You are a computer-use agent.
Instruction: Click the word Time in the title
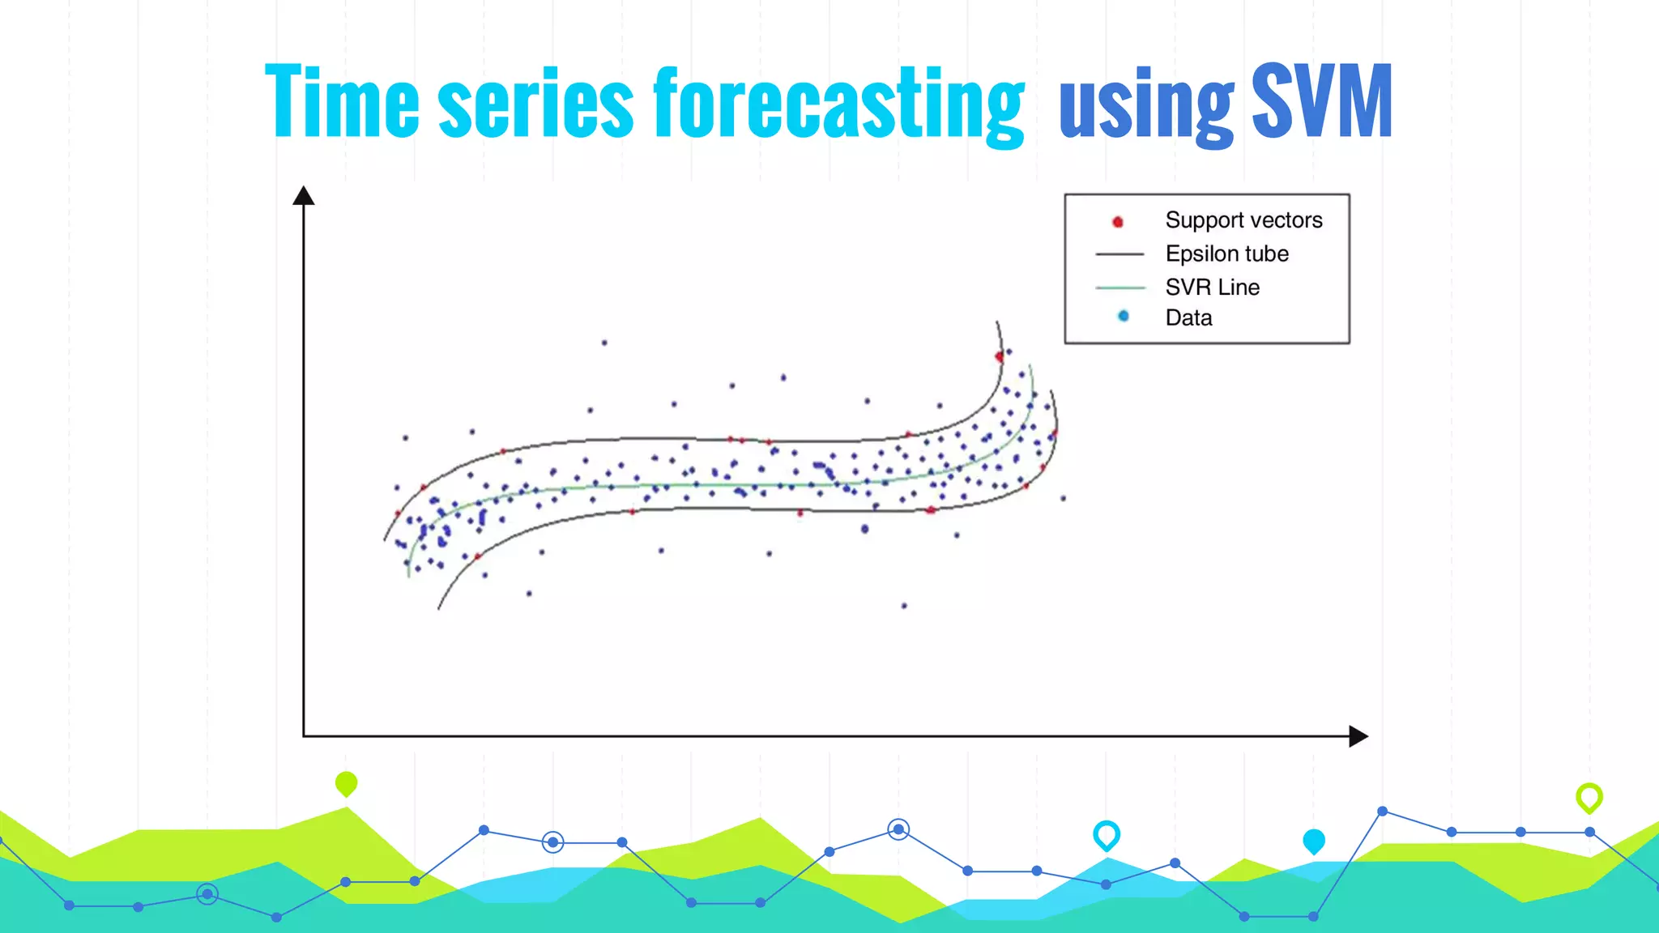click(342, 101)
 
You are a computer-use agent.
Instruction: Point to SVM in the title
click(1322, 101)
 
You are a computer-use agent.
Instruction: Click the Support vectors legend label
click(1243, 220)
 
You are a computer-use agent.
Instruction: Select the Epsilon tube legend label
click(1226, 253)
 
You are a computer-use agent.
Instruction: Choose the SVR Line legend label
click(1212, 287)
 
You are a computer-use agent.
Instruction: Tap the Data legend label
click(1188, 317)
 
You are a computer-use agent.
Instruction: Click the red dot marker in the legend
click(1118, 221)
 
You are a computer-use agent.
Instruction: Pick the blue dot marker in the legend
click(1123, 316)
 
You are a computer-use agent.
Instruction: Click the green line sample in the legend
click(1120, 288)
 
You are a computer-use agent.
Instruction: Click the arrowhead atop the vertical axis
click(303, 195)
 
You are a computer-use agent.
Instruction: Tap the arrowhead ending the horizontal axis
click(1358, 736)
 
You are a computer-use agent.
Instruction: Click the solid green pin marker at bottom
click(346, 783)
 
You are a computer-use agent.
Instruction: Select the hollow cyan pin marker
click(1107, 834)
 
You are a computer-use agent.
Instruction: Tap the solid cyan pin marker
click(1314, 841)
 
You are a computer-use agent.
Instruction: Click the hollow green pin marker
click(1589, 797)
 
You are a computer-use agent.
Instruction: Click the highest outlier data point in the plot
click(604, 343)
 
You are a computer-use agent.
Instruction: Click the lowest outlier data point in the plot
click(904, 605)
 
